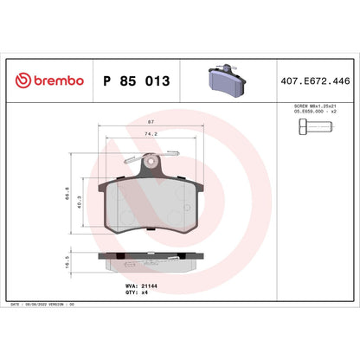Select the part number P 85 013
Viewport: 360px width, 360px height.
click(137, 80)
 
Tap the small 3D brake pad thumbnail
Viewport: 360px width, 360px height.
click(228, 79)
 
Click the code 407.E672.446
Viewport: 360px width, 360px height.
click(316, 80)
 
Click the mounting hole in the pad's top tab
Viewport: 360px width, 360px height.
click(152, 161)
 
